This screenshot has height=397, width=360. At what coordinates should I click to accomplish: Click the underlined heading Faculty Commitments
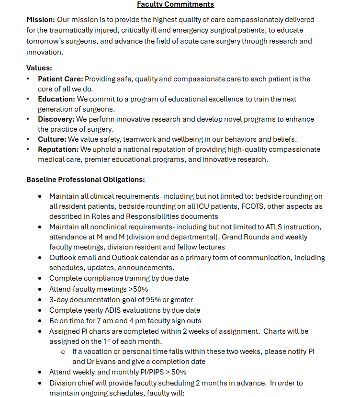175,4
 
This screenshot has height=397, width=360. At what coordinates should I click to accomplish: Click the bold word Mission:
41,20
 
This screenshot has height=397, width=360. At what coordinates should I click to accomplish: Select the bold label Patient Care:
60,79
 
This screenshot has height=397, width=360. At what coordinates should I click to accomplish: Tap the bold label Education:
56,99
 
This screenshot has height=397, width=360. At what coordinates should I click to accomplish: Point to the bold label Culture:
52,139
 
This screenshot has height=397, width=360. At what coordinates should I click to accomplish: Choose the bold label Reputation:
58,149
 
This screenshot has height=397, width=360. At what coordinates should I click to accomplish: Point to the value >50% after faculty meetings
138,289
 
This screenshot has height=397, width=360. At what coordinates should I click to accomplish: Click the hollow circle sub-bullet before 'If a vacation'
63,352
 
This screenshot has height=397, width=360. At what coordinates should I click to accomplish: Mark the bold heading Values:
39,68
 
